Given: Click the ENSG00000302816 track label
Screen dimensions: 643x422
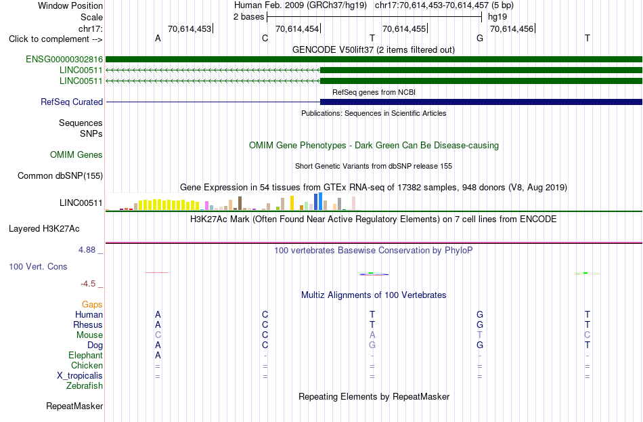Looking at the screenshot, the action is (x=64, y=60).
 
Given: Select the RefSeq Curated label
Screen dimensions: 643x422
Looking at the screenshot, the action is (x=72, y=102).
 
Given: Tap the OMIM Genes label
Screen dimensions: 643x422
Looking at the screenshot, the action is (x=76, y=154).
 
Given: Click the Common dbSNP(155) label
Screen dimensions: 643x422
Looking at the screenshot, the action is (x=60, y=175).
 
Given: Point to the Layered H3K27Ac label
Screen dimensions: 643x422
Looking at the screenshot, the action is (x=44, y=229).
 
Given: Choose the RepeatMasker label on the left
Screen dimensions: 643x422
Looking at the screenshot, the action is (x=74, y=406).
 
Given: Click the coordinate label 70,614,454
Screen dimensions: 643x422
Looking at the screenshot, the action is (x=297, y=28).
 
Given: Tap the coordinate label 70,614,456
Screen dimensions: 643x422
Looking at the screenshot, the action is (x=512, y=28).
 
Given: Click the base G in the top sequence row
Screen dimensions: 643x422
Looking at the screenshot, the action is (x=480, y=38).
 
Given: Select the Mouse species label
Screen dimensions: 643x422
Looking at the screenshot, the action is (x=89, y=335).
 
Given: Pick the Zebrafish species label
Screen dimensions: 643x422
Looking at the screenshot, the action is (x=85, y=386).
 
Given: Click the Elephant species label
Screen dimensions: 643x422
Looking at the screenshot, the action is (x=86, y=355).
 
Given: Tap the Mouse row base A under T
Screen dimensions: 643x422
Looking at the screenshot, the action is (x=372, y=335).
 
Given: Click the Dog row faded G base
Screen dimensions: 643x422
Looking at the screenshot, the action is (x=372, y=345).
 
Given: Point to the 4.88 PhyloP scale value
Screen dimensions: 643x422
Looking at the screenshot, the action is (x=87, y=250).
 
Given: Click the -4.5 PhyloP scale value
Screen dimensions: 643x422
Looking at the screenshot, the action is (x=88, y=284).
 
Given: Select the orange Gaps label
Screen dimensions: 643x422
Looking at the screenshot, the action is (x=92, y=304).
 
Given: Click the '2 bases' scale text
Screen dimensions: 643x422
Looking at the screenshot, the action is (x=249, y=17).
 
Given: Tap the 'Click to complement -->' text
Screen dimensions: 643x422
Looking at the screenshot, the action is (x=56, y=39).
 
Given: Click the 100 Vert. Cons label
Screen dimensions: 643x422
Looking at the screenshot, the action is (x=38, y=266).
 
